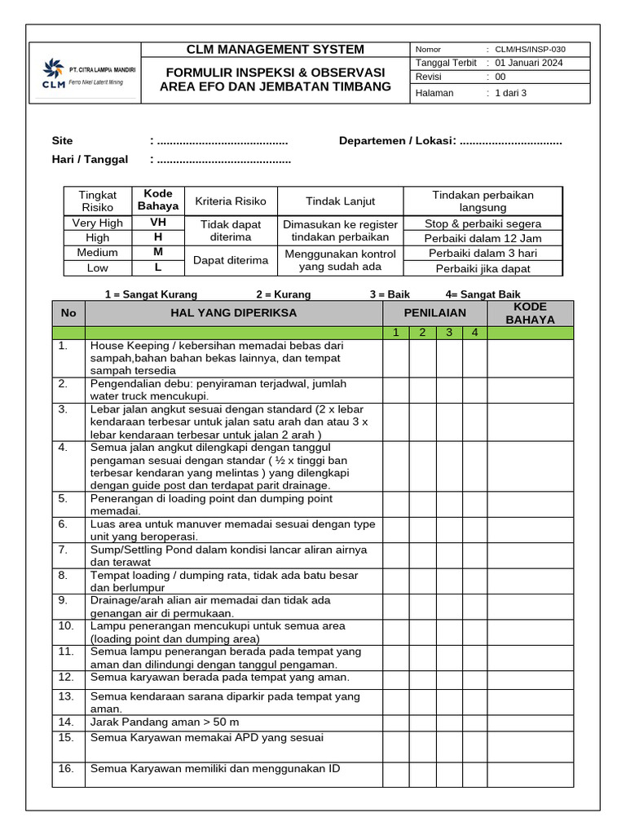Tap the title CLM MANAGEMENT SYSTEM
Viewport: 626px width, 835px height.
(276, 50)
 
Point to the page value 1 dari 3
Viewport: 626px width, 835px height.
(511, 93)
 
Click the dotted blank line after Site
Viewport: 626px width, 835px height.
(222, 141)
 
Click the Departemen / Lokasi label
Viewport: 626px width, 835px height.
(397, 141)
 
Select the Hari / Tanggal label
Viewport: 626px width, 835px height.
(90, 159)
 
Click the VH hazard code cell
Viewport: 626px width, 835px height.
(158, 223)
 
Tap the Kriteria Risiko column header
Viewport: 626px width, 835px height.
(231, 201)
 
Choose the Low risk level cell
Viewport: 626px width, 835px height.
(97, 267)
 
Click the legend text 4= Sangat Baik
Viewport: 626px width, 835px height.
(483, 294)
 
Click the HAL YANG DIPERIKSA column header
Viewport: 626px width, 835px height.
(233, 313)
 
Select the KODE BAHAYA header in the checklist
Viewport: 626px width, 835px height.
(530, 313)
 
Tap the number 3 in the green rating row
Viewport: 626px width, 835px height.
(449, 333)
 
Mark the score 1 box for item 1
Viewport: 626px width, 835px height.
(395, 358)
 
